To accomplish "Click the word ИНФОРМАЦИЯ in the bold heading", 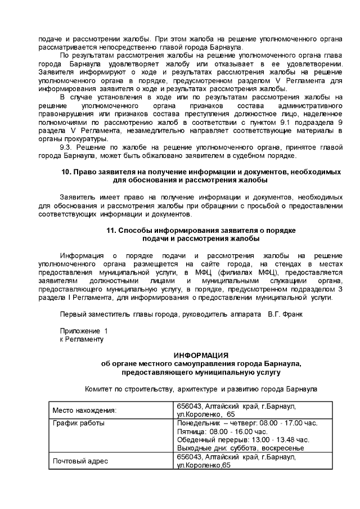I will pyautogui.click(x=201, y=355).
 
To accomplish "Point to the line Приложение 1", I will pyautogui.click(x=83, y=331).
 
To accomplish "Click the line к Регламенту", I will pyautogui.click(x=82, y=339).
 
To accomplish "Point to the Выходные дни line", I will pyautogui.click(x=240, y=448).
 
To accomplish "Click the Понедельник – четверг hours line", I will pyautogui.click(x=247, y=422).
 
